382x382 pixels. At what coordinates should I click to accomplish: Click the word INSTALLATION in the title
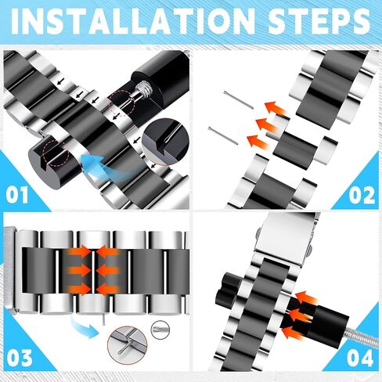(133, 21)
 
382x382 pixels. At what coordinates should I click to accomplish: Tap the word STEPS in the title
(319, 21)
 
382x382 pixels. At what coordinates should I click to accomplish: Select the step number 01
(17, 195)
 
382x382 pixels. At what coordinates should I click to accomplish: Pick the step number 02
(362, 195)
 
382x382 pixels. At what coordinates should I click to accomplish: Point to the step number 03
(20, 358)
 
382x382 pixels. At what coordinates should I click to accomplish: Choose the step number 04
(360, 358)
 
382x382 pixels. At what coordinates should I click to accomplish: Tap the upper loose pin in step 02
(239, 100)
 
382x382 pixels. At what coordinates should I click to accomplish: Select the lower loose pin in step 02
(223, 135)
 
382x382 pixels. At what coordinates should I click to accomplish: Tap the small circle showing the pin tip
(160, 330)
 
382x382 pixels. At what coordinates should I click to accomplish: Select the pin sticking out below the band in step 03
(103, 319)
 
